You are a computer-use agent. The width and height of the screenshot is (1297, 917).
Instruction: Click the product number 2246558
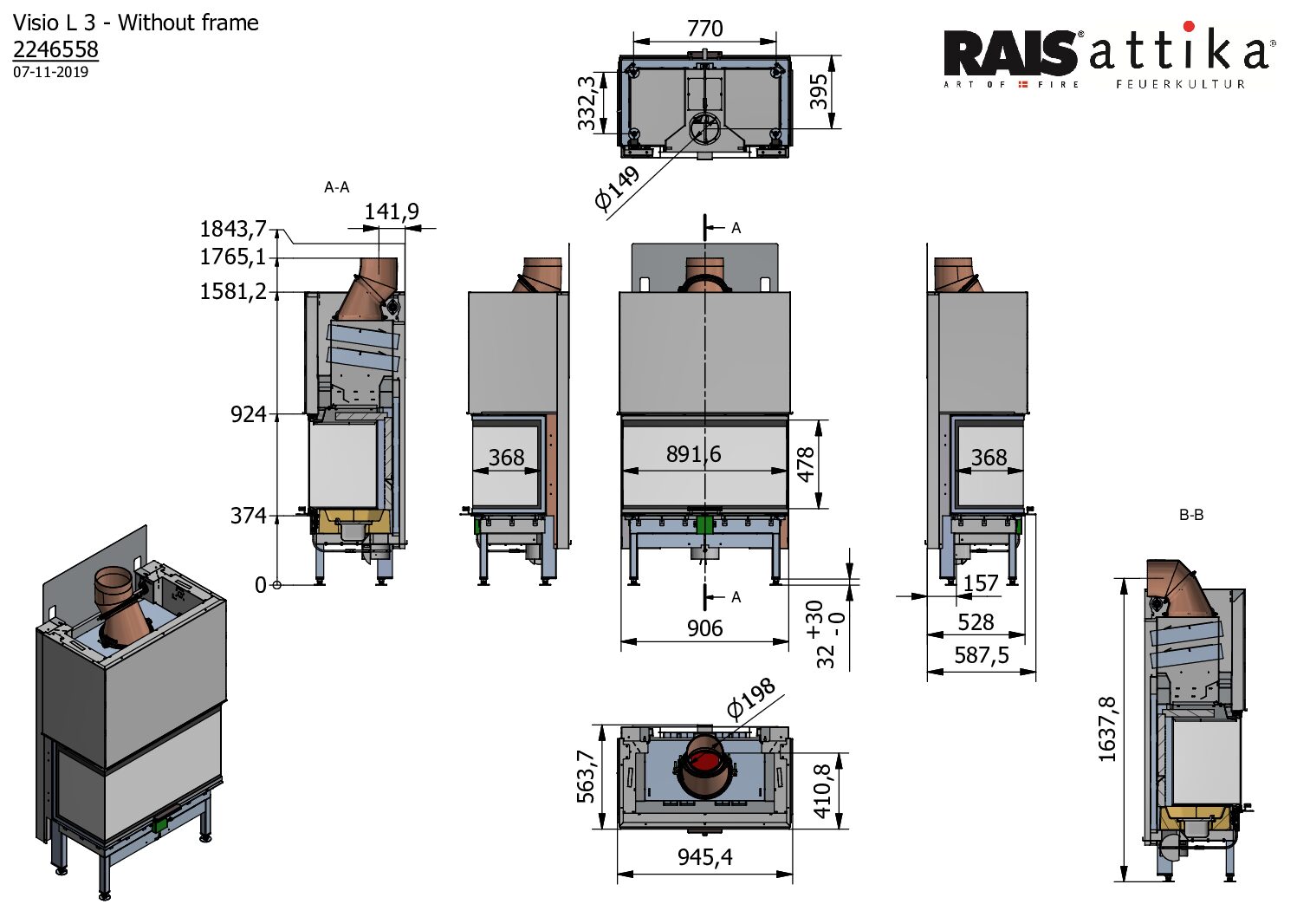tap(55, 49)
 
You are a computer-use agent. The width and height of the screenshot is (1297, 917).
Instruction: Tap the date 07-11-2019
tap(50, 72)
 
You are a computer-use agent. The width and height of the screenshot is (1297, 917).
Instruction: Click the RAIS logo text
tap(1009, 54)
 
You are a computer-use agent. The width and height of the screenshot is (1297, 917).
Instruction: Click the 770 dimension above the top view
tap(704, 29)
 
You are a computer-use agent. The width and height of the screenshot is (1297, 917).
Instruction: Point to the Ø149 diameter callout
tap(617, 188)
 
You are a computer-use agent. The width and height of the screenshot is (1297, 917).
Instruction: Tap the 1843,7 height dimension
tap(232, 229)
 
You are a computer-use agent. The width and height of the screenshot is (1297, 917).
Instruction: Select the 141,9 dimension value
tap(391, 211)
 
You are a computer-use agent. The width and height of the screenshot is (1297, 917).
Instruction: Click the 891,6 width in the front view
tap(693, 454)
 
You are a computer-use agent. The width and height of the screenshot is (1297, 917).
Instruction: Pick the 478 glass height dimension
tap(807, 465)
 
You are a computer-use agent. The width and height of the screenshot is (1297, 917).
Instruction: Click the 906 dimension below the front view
tap(704, 628)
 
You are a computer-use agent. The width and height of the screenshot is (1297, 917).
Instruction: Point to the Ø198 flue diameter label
tap(750, 699)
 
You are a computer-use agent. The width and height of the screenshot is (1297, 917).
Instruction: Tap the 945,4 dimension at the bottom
tap(704, 857)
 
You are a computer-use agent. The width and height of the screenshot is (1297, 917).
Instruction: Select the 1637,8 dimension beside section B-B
tap(1107, 729)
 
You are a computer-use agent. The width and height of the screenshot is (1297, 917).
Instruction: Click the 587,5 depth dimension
tap(981, 655)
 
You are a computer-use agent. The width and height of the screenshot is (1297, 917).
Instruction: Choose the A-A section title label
tap(336, 187)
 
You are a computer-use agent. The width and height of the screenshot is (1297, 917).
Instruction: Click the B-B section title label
tap(1191, 515)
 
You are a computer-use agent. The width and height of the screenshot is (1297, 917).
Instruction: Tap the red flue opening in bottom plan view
tap(705, 763)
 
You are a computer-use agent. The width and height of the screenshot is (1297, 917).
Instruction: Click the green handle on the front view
tap(704, 524)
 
